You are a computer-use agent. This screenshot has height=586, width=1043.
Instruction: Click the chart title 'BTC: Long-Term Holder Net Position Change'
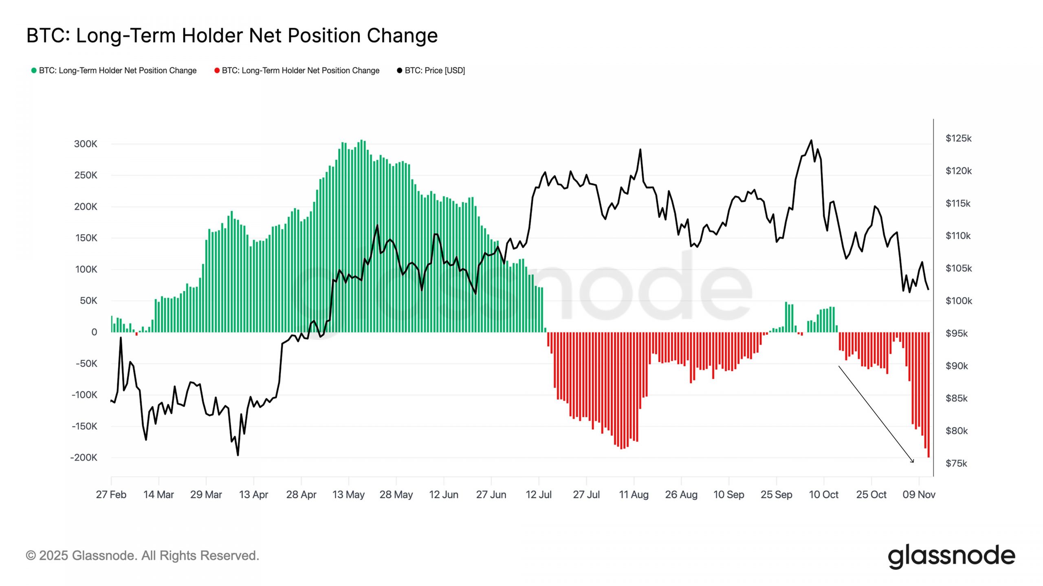point(232,35)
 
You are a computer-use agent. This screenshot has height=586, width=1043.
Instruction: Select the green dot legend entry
point(114,70)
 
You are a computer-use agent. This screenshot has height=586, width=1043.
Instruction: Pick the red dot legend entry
point(297,70)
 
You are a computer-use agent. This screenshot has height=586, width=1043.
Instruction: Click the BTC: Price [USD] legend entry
point(431,70)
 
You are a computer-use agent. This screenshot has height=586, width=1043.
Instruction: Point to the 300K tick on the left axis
point(86,144)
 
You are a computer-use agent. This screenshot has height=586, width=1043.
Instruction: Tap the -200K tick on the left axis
point(84,457)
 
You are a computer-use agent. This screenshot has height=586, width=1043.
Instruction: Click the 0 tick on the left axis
point(94,332)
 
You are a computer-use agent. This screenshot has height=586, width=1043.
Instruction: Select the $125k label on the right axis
point(958,138)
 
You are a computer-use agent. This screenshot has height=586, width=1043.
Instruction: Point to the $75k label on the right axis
point(956,463)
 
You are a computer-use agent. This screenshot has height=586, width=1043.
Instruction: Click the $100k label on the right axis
point(958,301)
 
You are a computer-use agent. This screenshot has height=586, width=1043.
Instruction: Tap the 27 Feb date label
point(111,494)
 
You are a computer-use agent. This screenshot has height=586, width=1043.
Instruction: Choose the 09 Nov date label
point(919,494)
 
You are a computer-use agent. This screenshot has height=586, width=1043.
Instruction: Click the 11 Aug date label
point(634,494)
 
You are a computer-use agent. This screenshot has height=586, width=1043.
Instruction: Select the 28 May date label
point(396,494)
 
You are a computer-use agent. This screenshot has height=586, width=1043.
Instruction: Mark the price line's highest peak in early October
point(811,140)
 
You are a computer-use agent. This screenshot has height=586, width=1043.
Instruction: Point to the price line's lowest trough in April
point(238,455)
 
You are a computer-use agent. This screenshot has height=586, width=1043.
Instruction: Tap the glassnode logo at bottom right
point(951,556)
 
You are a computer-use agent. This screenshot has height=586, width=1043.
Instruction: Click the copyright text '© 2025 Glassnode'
point(142,555)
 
